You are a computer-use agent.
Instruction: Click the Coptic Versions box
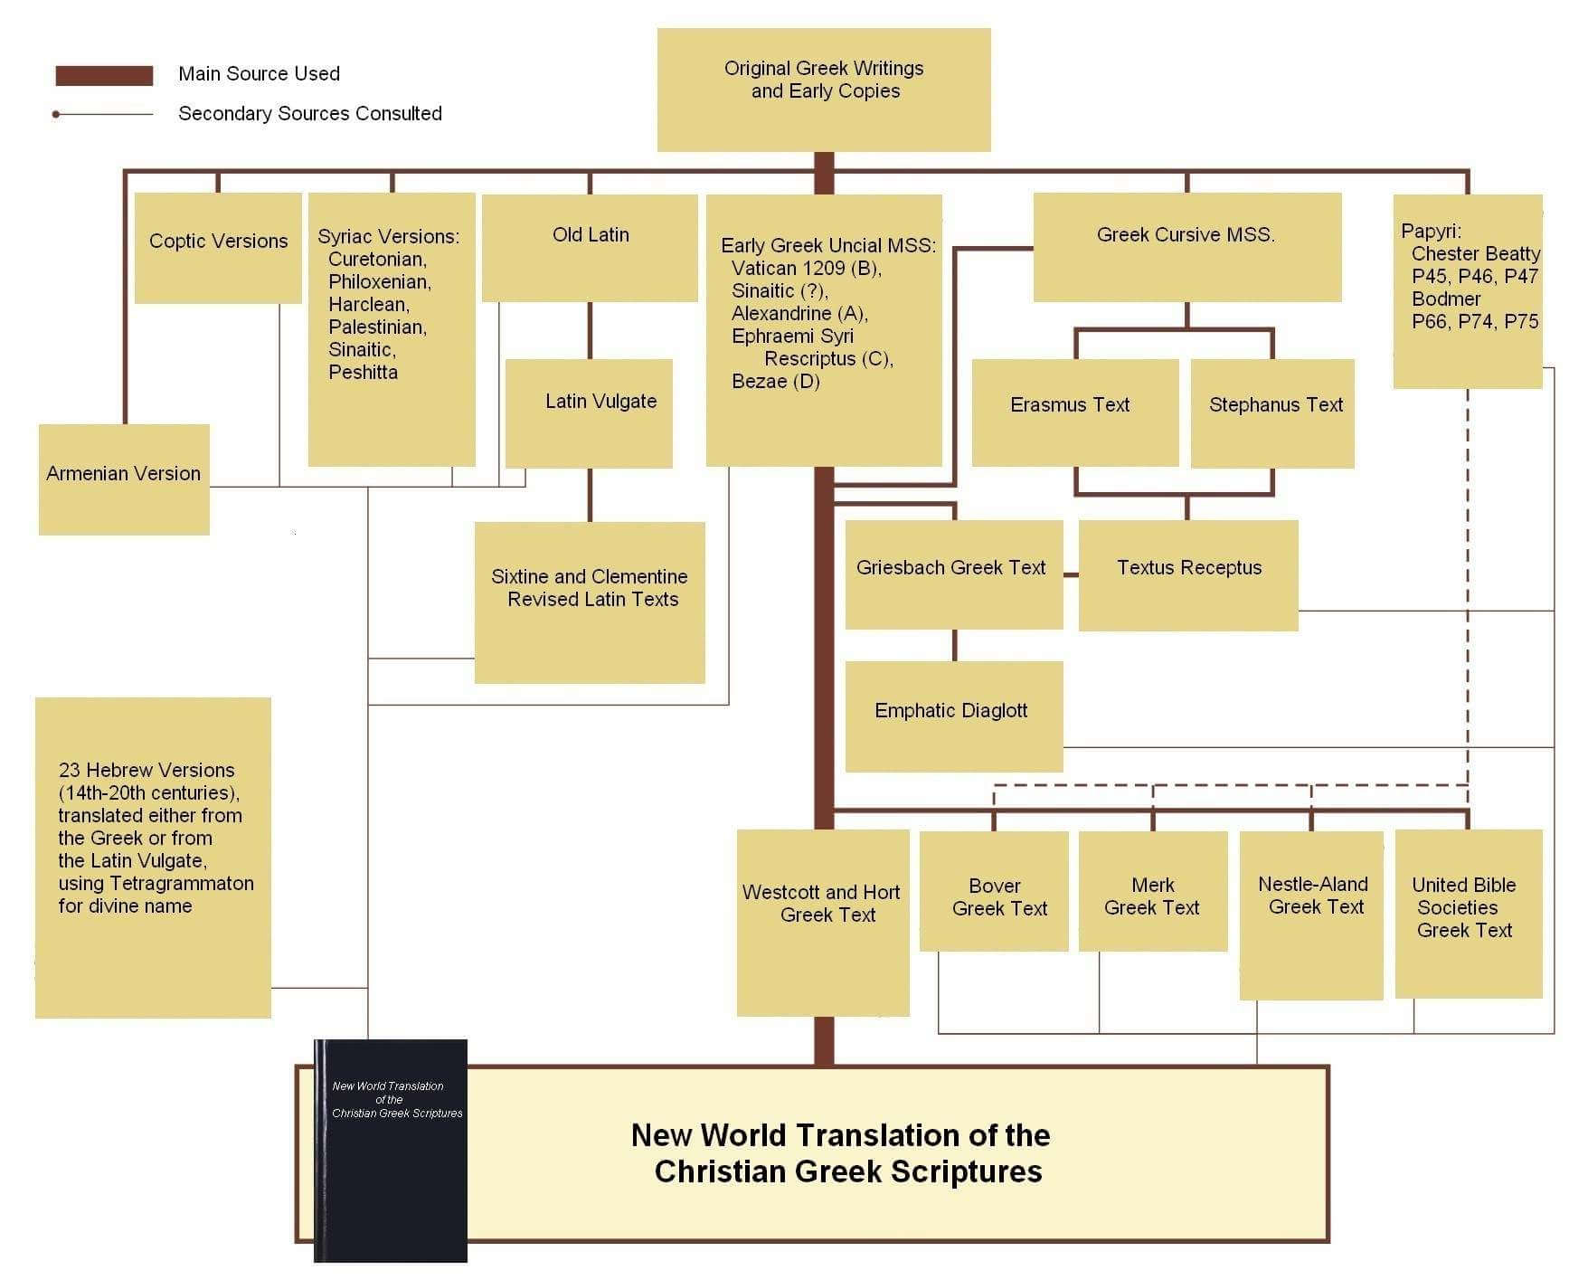point(218,248)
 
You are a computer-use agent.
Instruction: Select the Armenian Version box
point(124,479)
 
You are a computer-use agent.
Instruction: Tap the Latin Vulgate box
point(589,413)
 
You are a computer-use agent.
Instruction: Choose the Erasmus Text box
point(1075,412)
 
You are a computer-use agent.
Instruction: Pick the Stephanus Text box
point(1272,413)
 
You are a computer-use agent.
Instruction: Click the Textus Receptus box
point(1188,575)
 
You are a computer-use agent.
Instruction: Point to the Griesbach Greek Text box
point(954,574)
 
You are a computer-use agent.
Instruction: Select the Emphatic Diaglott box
point(954,716)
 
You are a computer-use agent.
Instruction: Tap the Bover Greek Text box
point(994,891)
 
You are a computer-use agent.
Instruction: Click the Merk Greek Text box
point(1153,891)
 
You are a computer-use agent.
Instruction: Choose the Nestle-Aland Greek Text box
point(1311,915)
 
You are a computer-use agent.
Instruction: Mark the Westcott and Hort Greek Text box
point(823,923)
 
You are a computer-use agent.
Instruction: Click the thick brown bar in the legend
point(104,75)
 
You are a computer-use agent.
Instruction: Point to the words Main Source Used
point(259,73)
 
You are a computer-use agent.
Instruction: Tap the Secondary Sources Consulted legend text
point(310,113)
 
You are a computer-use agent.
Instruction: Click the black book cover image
point(391,1151)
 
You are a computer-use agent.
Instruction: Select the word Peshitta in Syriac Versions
point(363,372)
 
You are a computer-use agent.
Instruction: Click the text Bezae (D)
point(776,381)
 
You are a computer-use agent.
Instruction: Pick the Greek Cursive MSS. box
point(1187,247)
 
